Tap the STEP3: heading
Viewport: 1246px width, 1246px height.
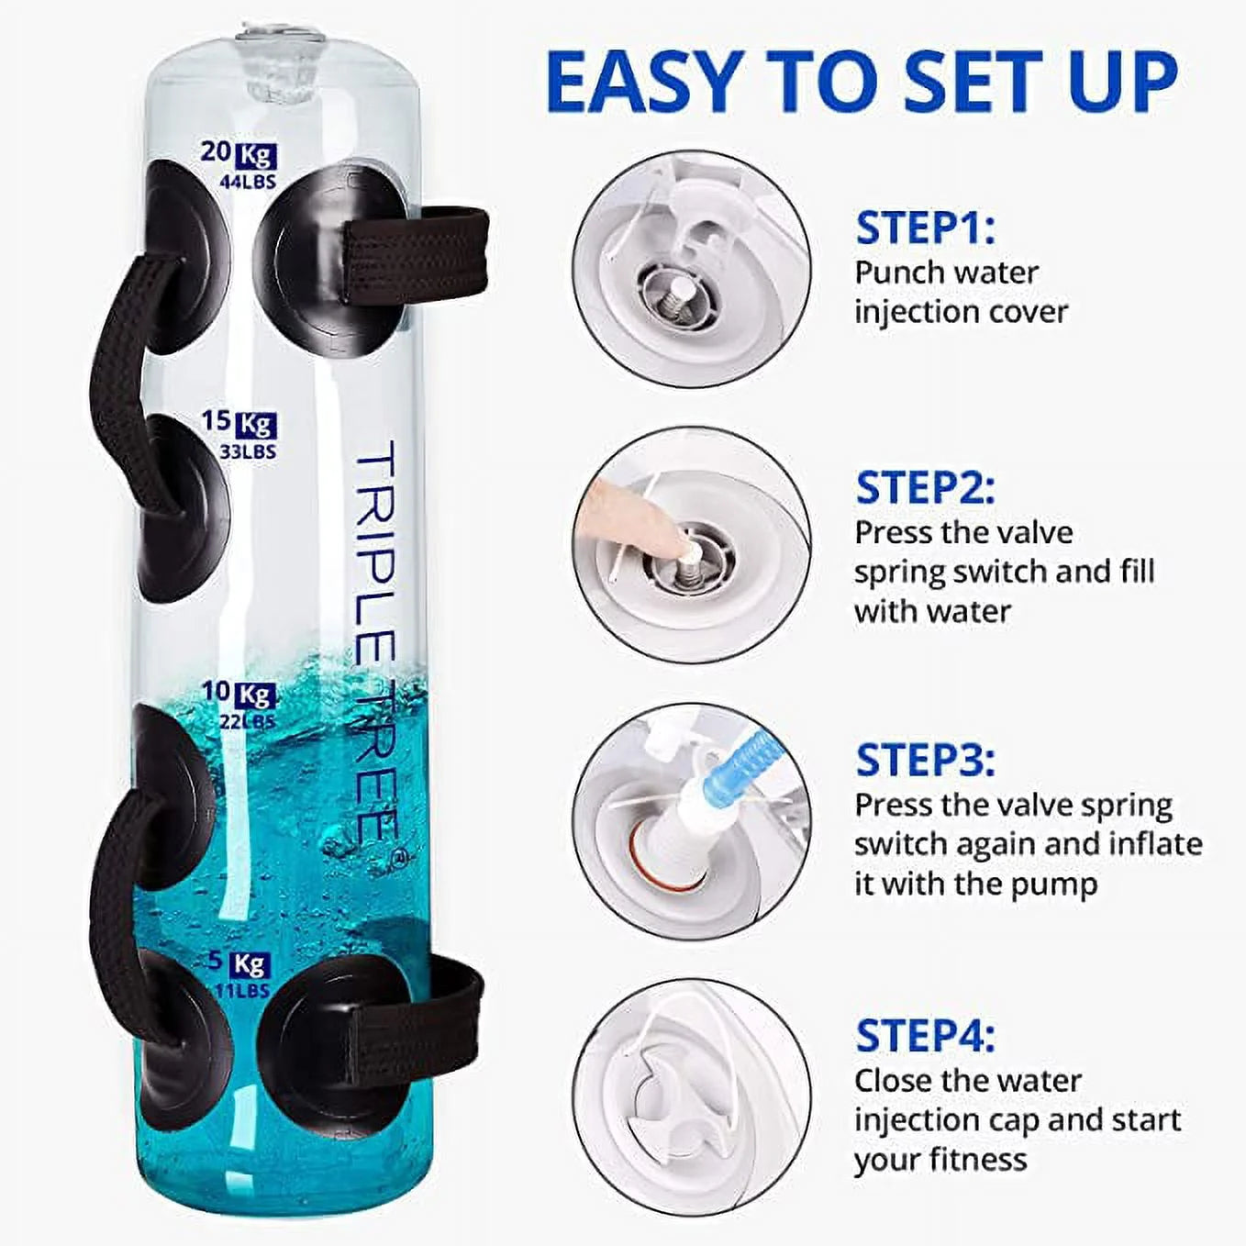(925, 761)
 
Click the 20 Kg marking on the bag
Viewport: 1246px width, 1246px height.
(239, 155)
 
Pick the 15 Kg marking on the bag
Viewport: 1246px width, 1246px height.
(239, 424)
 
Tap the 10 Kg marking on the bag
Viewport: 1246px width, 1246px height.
(239, 695)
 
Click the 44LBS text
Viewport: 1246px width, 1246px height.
(248, 182)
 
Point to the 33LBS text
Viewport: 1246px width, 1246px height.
(248, 451)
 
